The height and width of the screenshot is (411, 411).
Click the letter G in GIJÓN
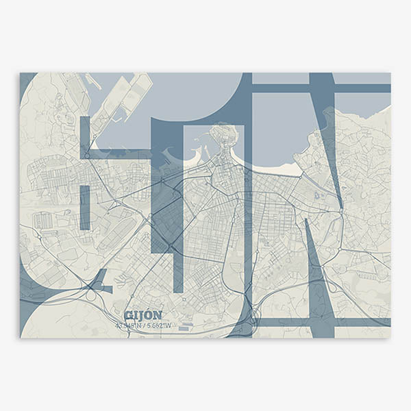pos(128,316)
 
